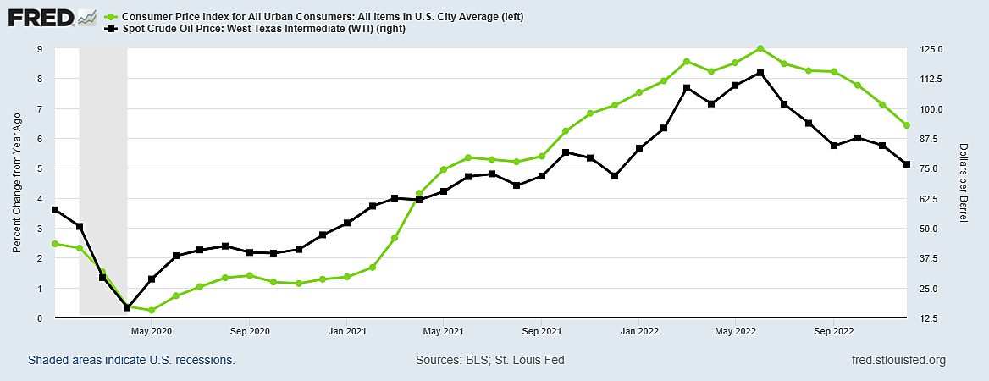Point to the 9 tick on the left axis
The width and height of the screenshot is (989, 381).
point(40,49)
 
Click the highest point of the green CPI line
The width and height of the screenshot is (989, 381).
point(760,48)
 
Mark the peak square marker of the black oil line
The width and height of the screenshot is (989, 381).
point(760,73)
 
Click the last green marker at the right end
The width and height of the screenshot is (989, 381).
point(907,125)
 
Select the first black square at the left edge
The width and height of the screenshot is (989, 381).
point(55,210)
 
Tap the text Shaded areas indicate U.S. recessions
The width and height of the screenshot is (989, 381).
point(131,361)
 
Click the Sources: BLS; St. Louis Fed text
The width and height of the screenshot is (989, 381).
point(489,361)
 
